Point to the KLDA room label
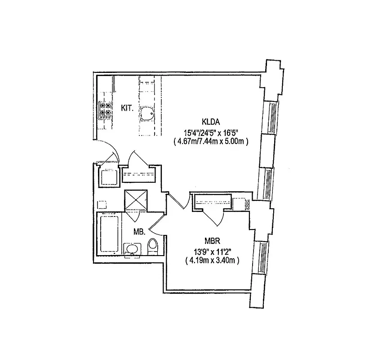click(210, 121)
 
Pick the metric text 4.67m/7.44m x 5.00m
click(211, 141)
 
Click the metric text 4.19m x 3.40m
click(211, 260)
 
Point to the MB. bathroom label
click(139, 232)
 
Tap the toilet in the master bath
click(153, 247)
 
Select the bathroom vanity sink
click(132, 249)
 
